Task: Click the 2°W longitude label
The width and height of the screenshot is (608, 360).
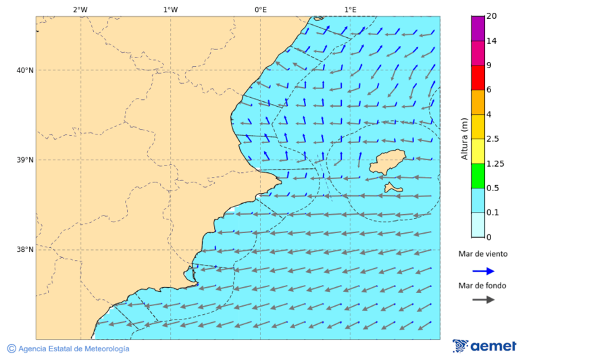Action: point(80,9)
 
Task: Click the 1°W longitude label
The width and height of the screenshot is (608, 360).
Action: point(170,9)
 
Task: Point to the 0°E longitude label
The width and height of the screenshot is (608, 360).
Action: point(260,9)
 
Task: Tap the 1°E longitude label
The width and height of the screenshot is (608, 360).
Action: point(350,9)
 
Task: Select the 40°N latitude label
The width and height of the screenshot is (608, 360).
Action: point(25,70)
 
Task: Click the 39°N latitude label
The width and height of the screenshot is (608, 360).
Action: point(25,160)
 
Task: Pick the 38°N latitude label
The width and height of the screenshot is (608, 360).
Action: point(25,250)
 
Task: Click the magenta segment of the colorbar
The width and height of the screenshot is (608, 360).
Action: point(478,28)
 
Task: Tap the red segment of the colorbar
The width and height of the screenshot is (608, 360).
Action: point(478,78)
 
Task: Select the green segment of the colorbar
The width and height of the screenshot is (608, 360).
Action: point(478,176)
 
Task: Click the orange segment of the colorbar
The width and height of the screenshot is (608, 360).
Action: point(478,102)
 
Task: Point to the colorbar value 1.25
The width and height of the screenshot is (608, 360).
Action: point(496,163)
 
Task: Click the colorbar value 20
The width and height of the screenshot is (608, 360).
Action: point(492,16)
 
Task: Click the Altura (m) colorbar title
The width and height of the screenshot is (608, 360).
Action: point(464,138)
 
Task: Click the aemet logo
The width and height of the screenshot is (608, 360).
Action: point(484,346)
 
